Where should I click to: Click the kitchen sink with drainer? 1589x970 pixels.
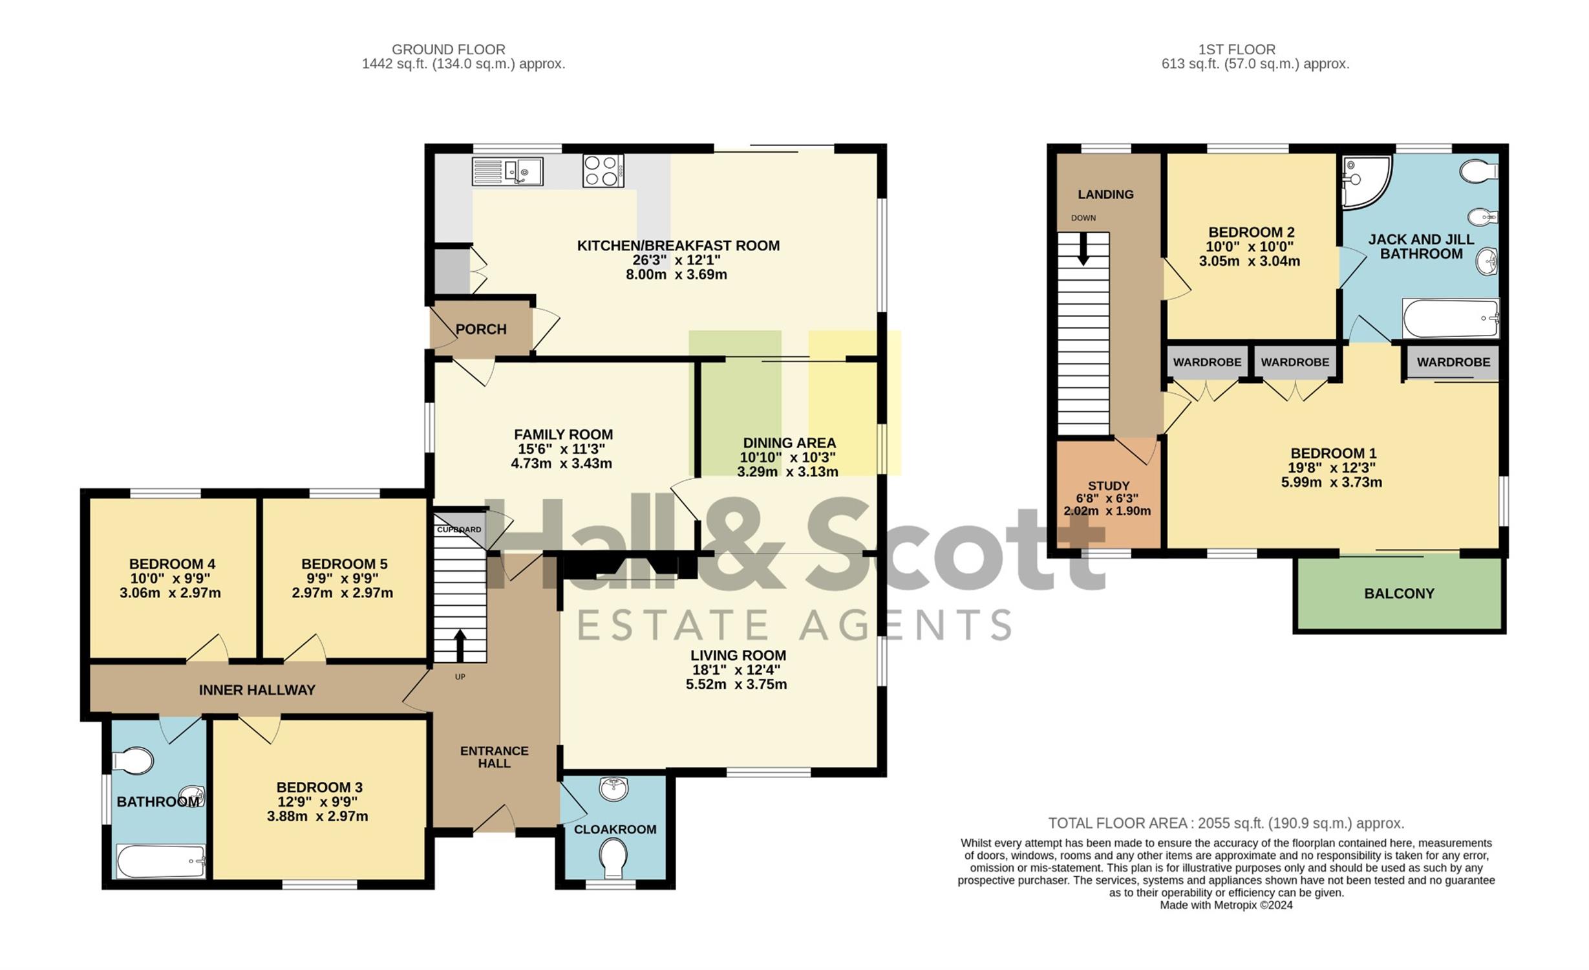coord(507,171)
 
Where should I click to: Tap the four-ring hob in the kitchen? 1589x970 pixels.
coord(603,171)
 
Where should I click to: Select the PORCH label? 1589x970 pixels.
coord(481,329)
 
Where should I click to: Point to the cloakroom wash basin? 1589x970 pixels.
coord(613,788)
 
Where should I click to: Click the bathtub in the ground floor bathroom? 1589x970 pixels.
coord(161,861)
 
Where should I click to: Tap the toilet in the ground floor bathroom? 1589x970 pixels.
coord(133,761)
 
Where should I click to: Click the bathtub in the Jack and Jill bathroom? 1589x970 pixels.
coord(1451,318)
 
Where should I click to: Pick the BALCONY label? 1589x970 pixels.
coord(1399,594)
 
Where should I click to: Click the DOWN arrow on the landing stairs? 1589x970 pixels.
coord(1083,249)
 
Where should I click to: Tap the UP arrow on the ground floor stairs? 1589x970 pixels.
coord(460,646)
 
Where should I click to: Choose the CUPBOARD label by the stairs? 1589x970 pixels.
coord(459,530)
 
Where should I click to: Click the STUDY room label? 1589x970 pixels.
coord(1109,486)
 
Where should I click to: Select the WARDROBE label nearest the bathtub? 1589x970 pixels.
coord(1453,362)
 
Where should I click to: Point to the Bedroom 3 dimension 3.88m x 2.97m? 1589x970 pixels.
coord(317,816)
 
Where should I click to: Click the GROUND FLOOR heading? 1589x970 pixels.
coord(449,49)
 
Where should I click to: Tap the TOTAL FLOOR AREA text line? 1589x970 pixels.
coord(1226,823)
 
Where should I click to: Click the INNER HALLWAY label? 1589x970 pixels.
coord(257,690)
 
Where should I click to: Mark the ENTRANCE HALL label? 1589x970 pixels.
coord(495,757)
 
